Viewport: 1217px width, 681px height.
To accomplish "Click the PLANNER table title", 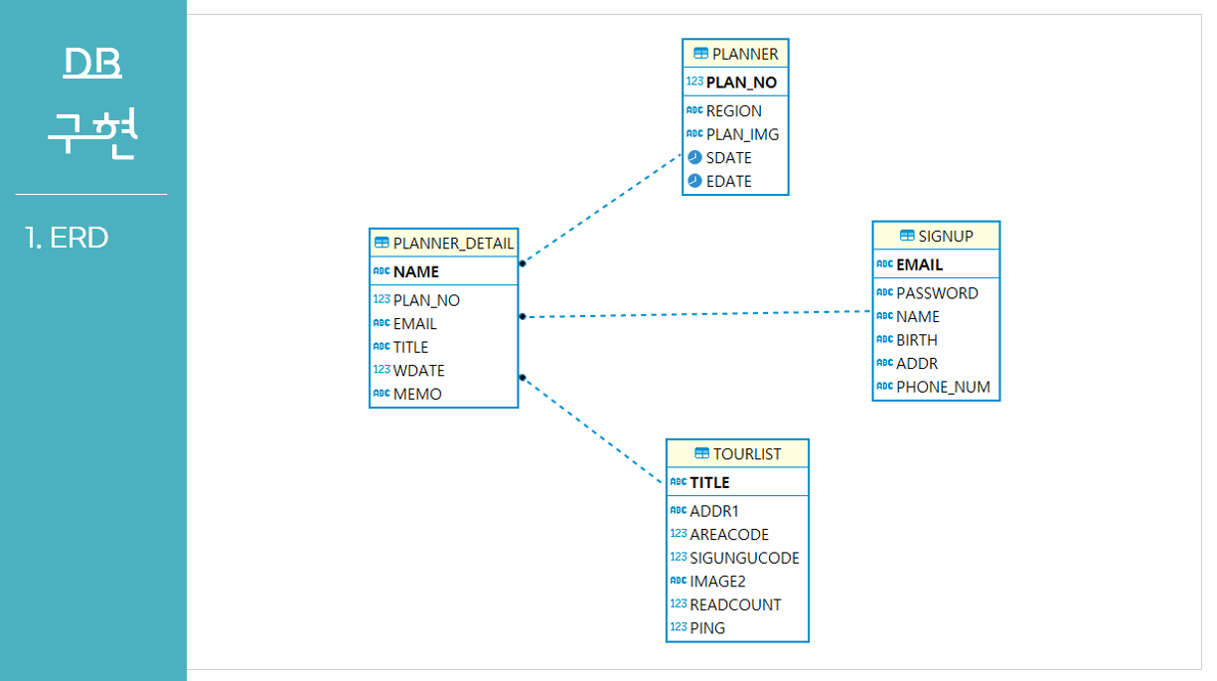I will pyautogui.click(x=744, y=54).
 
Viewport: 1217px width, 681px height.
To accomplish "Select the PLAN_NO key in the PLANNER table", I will pyautogui.click(x=741, y=83).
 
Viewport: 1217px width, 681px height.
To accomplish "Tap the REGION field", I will pyautogui.click(x=733, y=111).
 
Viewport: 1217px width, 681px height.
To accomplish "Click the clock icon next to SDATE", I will pyautogui.click(x=694, y=158).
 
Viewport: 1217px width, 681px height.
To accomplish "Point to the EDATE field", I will pyautogui.click(x=728, y=181).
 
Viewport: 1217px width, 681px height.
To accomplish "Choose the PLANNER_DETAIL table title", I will pyautogui.click(x=453, y=244).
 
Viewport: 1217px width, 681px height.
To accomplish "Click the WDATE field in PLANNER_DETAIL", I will pyautogui.click(x=418, y=371).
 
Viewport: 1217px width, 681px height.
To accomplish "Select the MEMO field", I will pyautogui.click(x=417, y=394).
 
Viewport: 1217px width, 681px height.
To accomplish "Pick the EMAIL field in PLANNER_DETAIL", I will pyautogui.click(x=414, y=323).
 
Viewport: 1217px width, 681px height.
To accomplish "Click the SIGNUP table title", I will pyautogui.click(x=945, y=236).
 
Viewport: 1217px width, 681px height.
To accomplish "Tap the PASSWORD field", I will pyautogui.click(x=937, y=293).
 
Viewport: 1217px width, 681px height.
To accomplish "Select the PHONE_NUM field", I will pyautogui.click(x=943, y=387).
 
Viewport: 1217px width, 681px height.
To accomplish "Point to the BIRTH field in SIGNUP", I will pyautogui.click(x=916, y=340).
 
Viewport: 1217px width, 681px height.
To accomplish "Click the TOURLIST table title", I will pyautogui.click(x=746, y=454).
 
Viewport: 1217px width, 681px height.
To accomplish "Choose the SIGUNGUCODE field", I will pyautogui.click(x=744, y=558).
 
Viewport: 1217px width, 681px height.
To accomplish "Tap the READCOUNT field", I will pyautogui.click(x=735, y=604).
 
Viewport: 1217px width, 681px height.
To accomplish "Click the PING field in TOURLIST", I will pyautogui.click(x=707, y=628).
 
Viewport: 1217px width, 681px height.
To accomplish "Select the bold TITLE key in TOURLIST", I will pyautogui.click(x=709, y=482).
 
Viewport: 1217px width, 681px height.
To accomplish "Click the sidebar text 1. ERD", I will pyautogui.click(x=67, y=238).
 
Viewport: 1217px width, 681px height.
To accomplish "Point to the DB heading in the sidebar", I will pyautogui.click(x=92, y=63).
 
